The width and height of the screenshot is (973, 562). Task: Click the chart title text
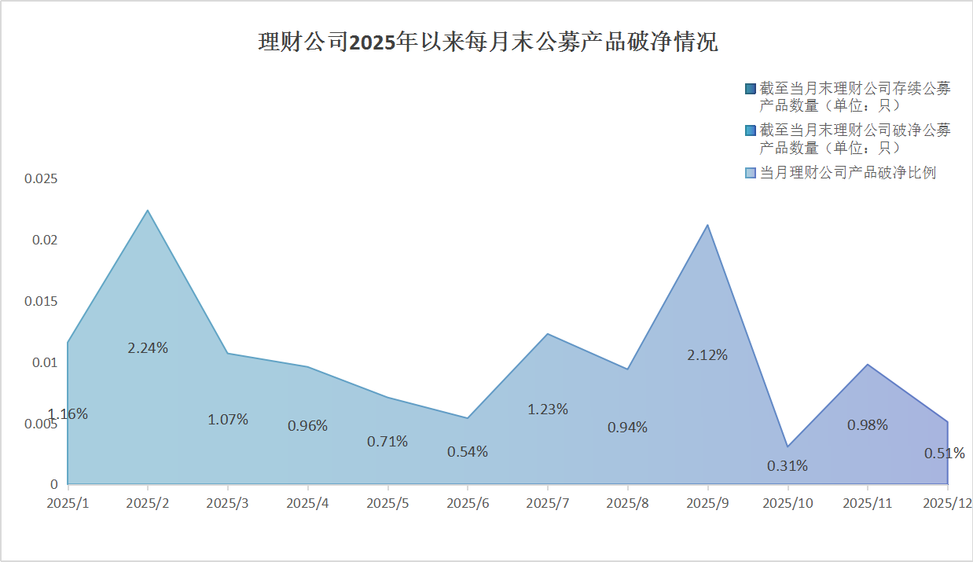(487, 42)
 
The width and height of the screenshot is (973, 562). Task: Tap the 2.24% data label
(148, 347)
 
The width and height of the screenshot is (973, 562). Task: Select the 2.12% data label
(707, 354)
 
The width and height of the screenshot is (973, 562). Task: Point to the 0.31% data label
(788, 465)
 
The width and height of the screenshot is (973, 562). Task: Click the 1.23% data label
(548, 409)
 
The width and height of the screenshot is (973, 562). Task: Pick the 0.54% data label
(468, 451)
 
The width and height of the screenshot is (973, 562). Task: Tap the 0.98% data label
(868, 424)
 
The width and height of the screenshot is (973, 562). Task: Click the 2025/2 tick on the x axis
(148, 502)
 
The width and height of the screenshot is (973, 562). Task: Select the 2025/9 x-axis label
(707, 502)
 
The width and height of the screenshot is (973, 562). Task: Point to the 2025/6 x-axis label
(468, 502)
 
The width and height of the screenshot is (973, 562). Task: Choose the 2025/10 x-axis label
(788, 502)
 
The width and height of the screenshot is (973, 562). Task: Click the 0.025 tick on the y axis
(41, 178)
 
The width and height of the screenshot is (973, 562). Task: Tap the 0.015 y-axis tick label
(41, 301)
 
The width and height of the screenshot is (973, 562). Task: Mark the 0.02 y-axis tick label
(44, 240)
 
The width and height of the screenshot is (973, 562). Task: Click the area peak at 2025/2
(148, 211)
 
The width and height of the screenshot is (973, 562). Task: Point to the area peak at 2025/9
(707, 226)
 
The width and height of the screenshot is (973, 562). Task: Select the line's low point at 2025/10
(788, 446)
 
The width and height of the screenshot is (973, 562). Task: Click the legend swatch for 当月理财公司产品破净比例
(751, 173)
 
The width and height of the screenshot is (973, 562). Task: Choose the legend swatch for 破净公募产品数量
(751, 130)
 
